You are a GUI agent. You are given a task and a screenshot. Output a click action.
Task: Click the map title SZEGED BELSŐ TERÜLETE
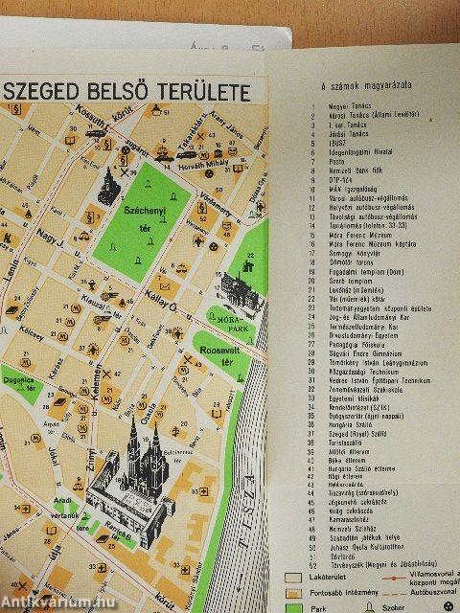128,93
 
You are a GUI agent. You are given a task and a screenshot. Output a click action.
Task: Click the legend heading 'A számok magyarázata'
358,88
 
